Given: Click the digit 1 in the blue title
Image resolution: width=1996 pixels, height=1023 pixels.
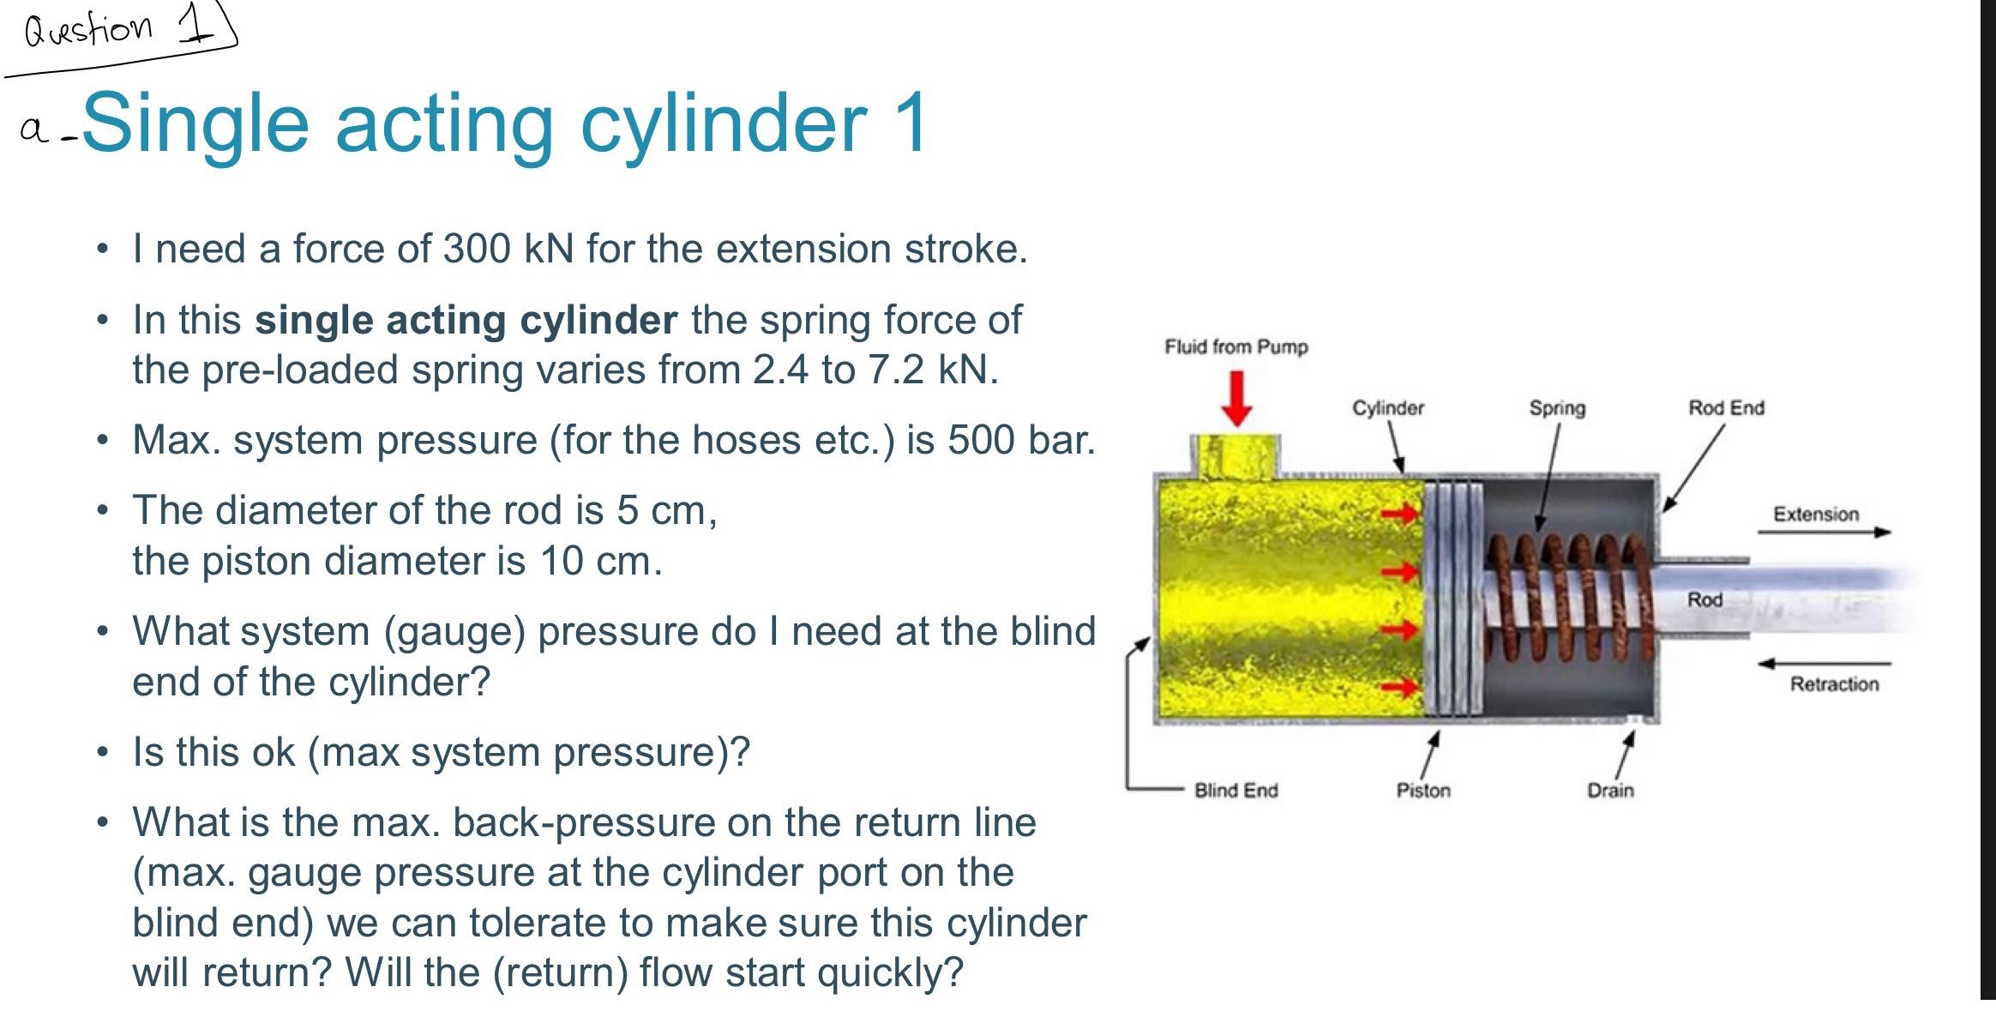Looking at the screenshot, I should (x=910, y=123).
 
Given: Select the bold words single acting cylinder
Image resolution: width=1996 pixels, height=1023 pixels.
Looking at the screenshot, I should (x=466, y=320).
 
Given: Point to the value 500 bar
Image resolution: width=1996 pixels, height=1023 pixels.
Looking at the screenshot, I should (x=1019, y=440).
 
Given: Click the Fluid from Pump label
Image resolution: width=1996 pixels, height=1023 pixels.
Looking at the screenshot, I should (x=1235, y=347).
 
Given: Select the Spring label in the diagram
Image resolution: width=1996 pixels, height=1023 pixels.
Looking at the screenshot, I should (x=1557, y=408).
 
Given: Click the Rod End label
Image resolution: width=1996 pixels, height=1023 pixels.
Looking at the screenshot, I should (x=1726, y=408).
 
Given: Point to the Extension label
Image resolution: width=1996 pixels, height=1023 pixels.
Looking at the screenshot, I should (x=1815, y=515).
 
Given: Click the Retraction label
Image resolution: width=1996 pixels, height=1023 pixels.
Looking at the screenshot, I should (x=1833, y=684).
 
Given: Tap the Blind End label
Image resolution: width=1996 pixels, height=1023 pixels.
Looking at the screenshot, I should (x=1235, y=791).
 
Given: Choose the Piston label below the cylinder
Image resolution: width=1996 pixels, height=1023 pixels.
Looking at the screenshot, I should (x=1423, y=791).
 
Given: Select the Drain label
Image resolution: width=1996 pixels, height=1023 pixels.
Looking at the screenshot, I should (x=1610, y=791).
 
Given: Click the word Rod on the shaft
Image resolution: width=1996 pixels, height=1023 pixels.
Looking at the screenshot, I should (x=1704, y=599).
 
